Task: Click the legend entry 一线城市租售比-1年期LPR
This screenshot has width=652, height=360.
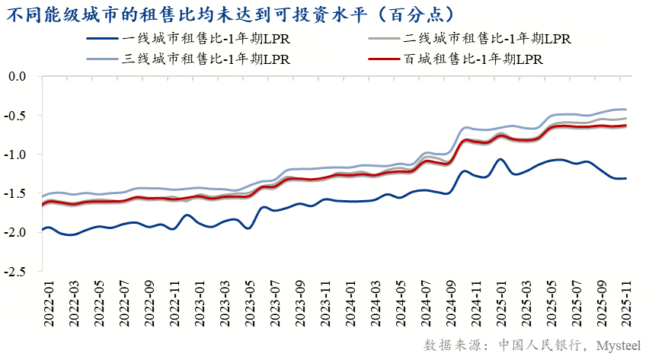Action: [x=206, y=38]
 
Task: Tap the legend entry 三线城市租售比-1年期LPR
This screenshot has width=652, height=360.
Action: [x=206, y=59]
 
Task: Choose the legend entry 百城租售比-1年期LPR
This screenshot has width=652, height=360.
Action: [x=473, y=59]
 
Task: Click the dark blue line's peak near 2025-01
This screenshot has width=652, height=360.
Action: [x=500, y=160]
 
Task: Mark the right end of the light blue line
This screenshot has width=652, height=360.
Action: [x=625, y=109]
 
